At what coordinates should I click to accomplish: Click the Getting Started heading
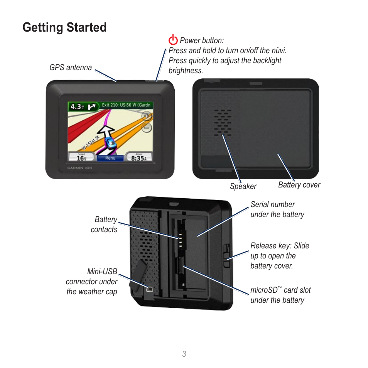click(x=64, y=27)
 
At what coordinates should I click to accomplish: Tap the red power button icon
click(x=173, y=40)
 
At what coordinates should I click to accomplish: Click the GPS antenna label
click(x=71, y=68)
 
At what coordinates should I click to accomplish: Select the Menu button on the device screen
click(x=110, y=158)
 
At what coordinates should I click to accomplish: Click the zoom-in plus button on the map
click(x=147, y=116)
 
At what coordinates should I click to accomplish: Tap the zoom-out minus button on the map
click(x=147, y=127)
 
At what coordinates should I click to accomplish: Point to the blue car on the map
click(x=111, y=143)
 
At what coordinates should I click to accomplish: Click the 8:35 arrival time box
click(x=139, y=156)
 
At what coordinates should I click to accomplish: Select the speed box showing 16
click(x=81, y=156)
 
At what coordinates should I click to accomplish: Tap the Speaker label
click(x=243, y=186)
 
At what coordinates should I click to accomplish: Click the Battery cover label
click(x=299, y=185)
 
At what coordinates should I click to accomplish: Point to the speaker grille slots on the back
click(x=223, y=122)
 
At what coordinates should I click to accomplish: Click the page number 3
click(x=184, y=354)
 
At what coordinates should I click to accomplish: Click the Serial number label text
click(x=277, y=209)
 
